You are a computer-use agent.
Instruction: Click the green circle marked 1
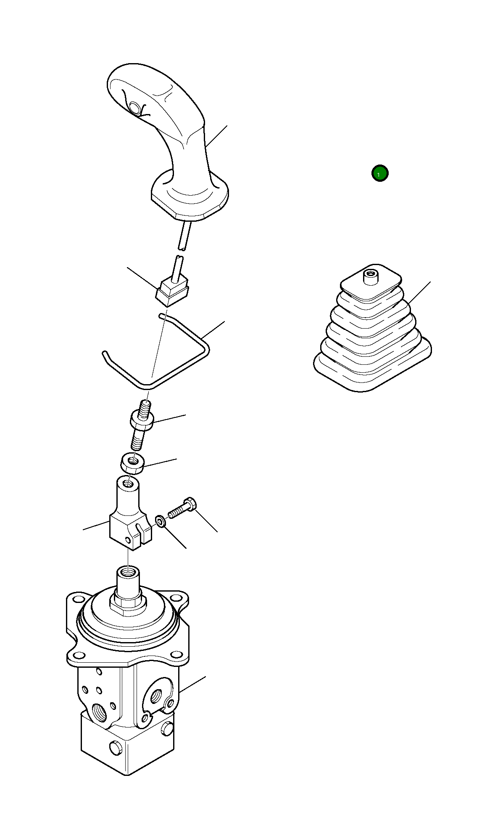pyautogui.click(x=380, y=173)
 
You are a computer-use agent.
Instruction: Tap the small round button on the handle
pyautogui.click(x=135, y=108)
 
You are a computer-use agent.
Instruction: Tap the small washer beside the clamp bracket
pyautogui.click(x=161, y=521)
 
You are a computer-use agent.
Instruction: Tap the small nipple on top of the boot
pyautogui.click(x=370, y=278)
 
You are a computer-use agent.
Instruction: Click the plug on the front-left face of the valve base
pyautogui.click(x=114, y=748)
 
